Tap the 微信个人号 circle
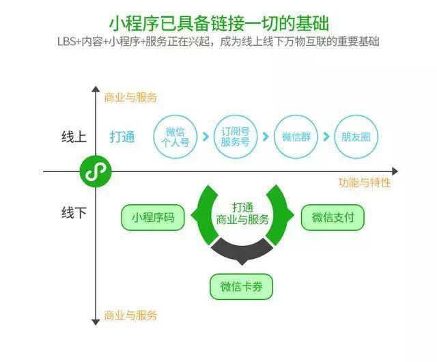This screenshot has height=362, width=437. (x=175, y=137)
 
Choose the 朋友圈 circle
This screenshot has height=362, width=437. (x=355, y=137)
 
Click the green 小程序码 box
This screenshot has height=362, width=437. (x=153, y=218)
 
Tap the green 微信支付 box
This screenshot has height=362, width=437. (x=333, y=218)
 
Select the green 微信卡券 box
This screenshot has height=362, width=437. (x=241, y=286)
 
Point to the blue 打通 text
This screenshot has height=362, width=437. (x=123, y=137)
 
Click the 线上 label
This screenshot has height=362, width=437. (x=74, y=137)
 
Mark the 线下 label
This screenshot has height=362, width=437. (x=74, y=212)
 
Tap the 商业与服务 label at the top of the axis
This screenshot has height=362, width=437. (x=130, y=98)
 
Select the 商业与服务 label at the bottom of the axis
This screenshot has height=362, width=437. (x=130, y=316)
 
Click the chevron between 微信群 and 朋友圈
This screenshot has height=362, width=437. (x=326, y=137)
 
